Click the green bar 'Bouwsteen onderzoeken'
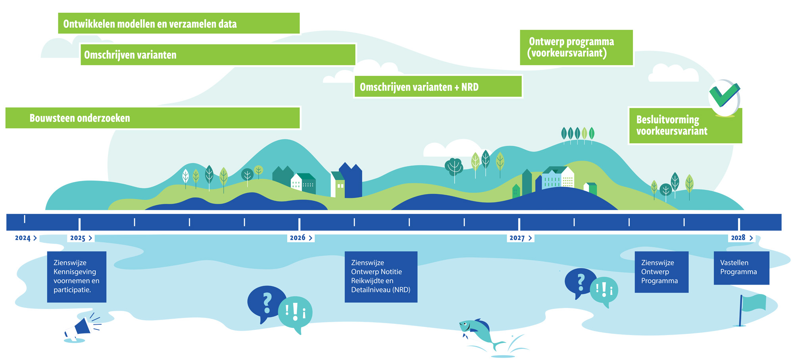(x=153, y=118)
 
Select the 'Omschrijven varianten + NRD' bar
(x=438, y=87)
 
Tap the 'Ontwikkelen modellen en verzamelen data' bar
(x=179, y=24)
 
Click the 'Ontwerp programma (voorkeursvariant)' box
(x=576, y=47)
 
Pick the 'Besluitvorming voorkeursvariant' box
(x=685, y=126)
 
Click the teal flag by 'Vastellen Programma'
(x=753, y=303)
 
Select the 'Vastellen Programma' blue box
(x=741, y=268)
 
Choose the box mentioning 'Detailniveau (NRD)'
(x=381, y=277)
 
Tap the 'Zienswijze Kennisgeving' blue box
(x=77, y=277)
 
